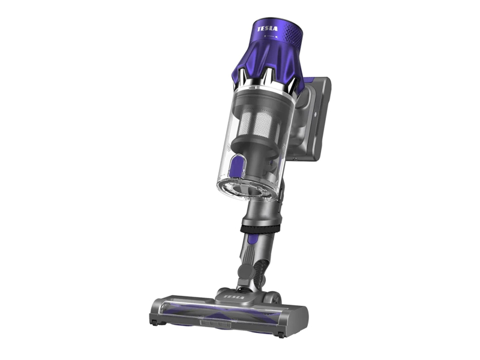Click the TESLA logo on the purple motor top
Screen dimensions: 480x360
(x=268, y=28)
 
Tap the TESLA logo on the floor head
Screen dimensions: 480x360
(x=234, y=297)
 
